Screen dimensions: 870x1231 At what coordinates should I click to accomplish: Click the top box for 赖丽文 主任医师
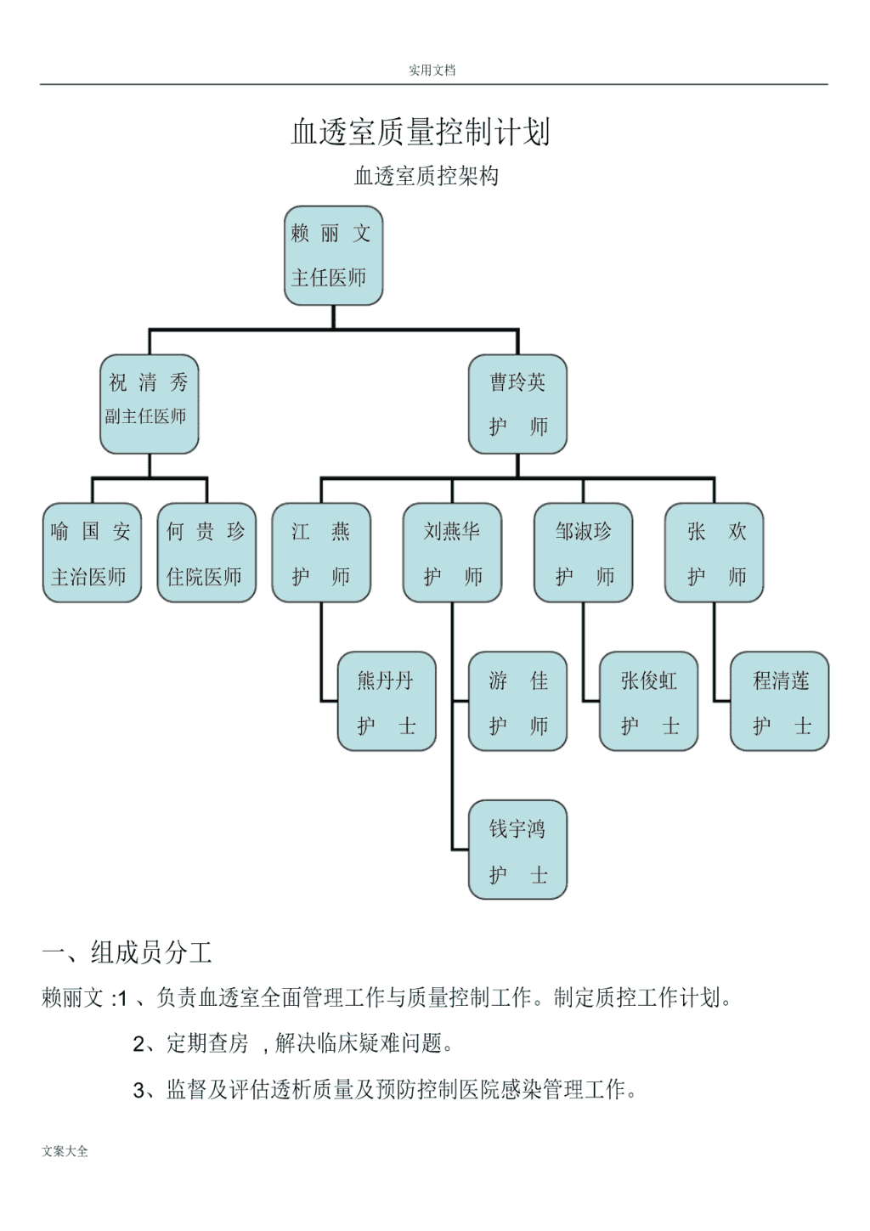333,256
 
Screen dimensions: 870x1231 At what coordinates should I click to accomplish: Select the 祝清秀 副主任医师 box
149,404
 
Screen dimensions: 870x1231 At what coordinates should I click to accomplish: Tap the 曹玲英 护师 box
517,404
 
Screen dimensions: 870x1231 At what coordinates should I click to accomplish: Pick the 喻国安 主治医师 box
92,552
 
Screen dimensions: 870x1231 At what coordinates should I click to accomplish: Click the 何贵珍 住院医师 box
206,552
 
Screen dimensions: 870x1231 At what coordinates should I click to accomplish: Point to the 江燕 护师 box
321,552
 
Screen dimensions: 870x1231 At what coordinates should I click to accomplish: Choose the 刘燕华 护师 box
452,552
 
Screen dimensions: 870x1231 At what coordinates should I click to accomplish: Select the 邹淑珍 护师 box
583,552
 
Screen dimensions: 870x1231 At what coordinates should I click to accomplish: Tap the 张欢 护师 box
714,552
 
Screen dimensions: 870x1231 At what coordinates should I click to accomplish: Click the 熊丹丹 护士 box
387,701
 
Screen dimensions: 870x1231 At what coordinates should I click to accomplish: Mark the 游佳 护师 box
517,701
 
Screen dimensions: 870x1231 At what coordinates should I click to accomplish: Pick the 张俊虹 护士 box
648,701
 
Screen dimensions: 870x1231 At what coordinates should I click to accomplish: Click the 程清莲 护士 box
779,701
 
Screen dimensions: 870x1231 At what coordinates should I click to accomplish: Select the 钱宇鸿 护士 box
517,850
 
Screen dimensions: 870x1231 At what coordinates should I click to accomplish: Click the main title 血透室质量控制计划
421,132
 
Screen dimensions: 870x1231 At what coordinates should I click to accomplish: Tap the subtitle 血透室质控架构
427,176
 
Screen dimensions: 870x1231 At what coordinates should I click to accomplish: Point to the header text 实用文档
432,70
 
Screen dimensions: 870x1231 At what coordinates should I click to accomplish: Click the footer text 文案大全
65,1151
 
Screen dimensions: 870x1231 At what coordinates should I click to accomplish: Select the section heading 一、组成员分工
127,952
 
